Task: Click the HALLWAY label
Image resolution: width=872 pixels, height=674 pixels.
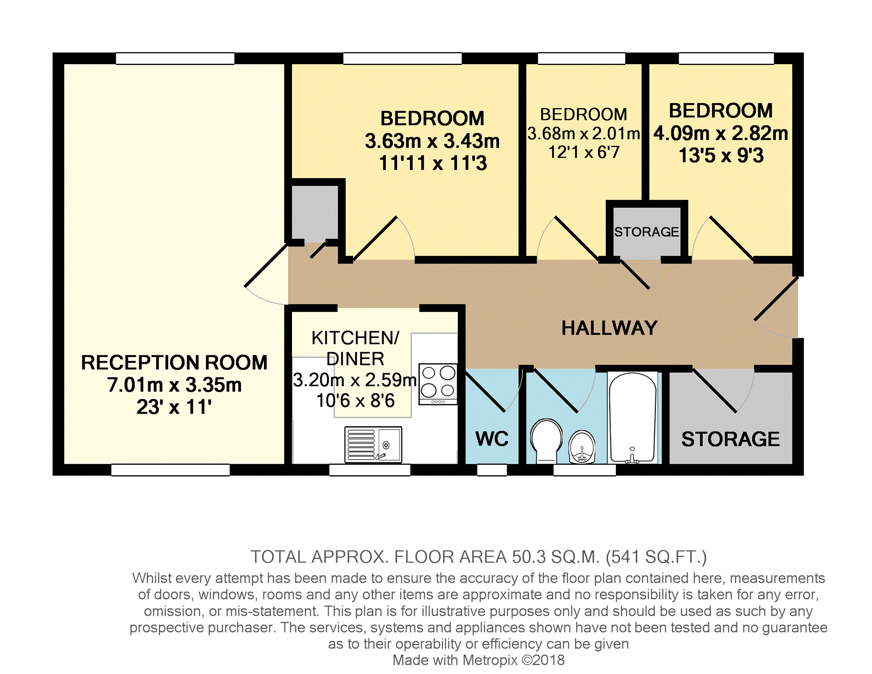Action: [609, 328]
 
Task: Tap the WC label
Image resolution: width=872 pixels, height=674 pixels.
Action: [492, 439]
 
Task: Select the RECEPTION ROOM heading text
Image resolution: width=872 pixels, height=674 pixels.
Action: [174, 363]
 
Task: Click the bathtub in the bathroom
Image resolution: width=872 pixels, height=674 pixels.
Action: [633, 418]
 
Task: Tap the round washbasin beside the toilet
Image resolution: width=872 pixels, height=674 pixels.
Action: [582, 447]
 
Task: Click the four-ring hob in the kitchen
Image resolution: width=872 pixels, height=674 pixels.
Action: [438, 384]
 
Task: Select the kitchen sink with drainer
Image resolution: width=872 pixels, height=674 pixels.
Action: [373, 444]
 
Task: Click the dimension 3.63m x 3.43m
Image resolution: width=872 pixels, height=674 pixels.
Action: [432, 141]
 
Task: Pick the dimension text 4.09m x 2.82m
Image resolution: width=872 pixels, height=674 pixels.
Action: [721, 133]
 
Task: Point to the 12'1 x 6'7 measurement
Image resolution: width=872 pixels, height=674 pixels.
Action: [584, 152]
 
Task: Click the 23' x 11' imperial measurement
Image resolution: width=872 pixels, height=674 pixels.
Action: [174, 407]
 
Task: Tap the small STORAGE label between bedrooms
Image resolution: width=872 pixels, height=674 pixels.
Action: [646, 232]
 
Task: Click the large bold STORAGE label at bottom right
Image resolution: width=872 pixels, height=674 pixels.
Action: [730, 439]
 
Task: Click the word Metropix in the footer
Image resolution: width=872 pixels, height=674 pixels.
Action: [490, 660]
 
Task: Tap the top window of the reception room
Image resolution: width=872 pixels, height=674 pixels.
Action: [175, 58]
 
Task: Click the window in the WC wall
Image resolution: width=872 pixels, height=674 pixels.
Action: [492, 470]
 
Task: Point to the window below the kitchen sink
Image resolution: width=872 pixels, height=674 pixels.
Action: [370, 470]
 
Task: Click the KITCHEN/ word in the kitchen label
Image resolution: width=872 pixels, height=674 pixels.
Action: [355, 338]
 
